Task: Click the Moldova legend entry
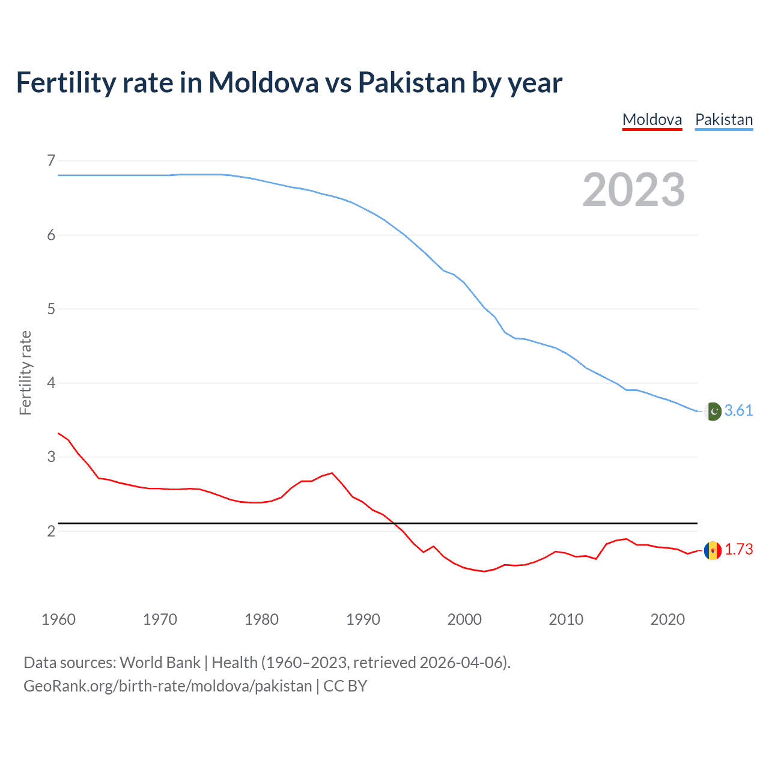[x=652, y=120]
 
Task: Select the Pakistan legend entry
[x=724, y=120]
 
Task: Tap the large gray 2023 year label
[x=633, y=190]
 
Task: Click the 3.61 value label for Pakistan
[x=738, y=410]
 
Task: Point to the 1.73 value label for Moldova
[x=738, y=549]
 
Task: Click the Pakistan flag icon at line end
[x=713, y=412]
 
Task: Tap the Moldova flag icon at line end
[x=713, y=550]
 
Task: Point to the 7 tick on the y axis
[x=51, y=160]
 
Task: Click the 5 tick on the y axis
[x=51, y=309]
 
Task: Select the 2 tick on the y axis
[x=51, y=531]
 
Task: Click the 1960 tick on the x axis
[x=58, y=619]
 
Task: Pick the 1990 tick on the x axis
[x=363, y=619]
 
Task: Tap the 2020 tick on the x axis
[x=667, y=619]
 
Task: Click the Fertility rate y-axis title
[x=25, y=372]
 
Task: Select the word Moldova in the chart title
[x=263, y=82]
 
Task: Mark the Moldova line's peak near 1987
[x=332, y=473]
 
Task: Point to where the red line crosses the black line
[x=394, y=523]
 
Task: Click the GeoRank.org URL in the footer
[x=168, y=686]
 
